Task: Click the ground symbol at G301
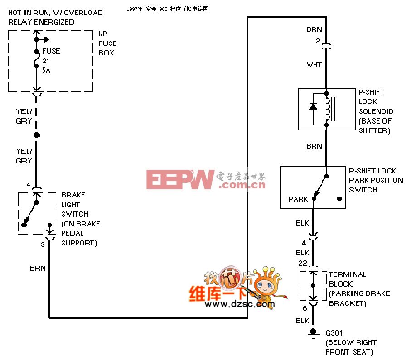[x=313, y=334]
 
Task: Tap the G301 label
[x=334, y=333]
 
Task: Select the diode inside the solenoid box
[x=313, y=107]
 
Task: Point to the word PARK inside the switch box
[x=298, y=199]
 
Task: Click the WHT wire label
[x=314, y=65]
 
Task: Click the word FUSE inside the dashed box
[x=51, y=51]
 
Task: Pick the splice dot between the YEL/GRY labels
[x=37, y=135]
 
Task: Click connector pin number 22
[x=303, y=263]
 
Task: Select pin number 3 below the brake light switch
[x=43, y=245]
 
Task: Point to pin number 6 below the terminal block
[x=305, y=308]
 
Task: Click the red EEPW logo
[x=180, y=179]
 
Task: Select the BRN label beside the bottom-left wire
[x=38, y=268]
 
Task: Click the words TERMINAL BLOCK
[x=347, y=279]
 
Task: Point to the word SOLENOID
[x=376, y=111]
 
